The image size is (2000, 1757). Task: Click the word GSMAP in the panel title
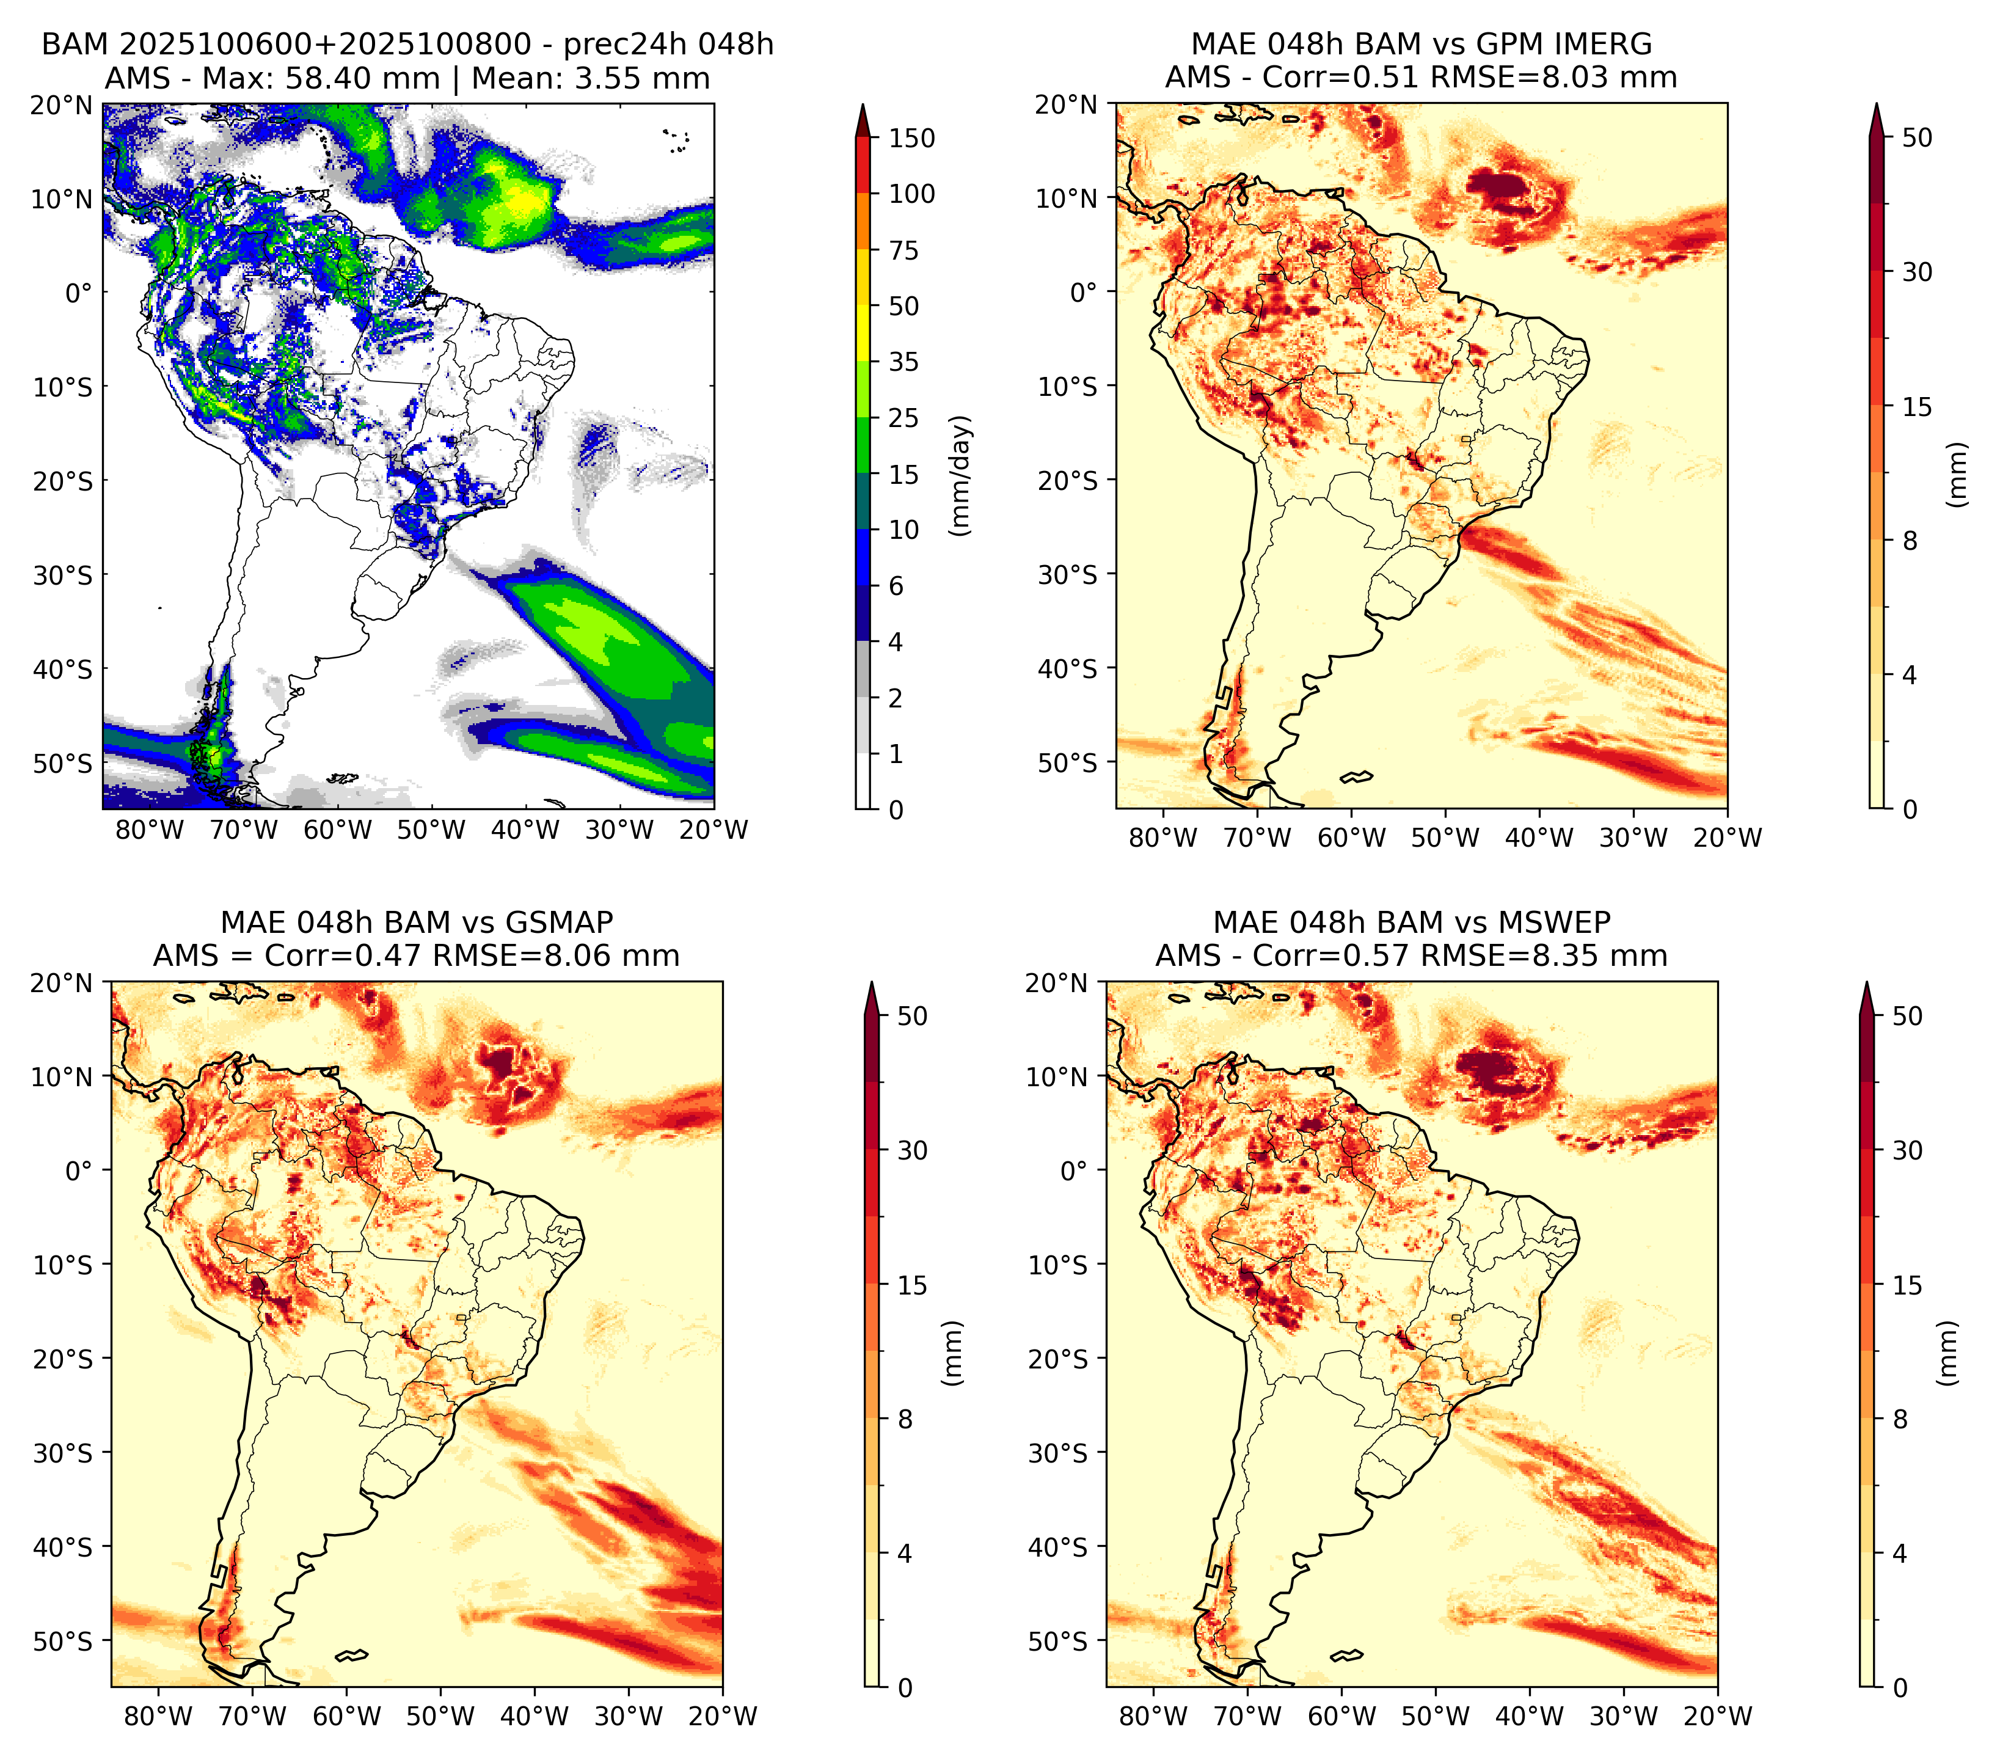tap(559, 922)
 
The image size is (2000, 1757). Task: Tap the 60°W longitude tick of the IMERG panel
tap(1351, 838)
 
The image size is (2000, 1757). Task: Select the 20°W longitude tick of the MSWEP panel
tap(1718, 1716)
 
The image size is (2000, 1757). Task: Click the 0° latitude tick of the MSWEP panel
tap(1075, 1171)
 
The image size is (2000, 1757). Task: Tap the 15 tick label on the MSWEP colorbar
tap(1907, 1285)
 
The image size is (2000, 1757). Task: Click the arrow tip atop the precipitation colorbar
tap(863, 104)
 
